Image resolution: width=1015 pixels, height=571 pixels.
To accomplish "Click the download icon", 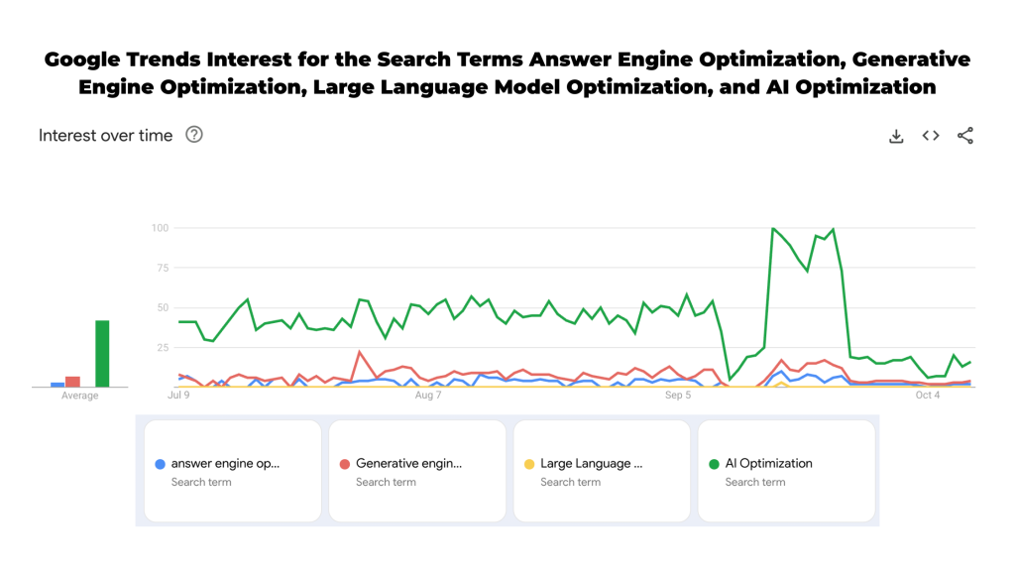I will click(x=896, y=136).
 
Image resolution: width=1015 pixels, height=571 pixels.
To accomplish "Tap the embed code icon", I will click(x=931, y=136).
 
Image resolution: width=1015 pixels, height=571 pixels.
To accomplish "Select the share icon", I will click(x=965, y=136).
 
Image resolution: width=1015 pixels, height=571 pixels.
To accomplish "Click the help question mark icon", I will click(x=194, y=135).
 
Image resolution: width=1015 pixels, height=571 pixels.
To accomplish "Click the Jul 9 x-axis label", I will click(x=179, y=396).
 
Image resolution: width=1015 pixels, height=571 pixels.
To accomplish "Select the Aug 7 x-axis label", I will click(x=428, y=396).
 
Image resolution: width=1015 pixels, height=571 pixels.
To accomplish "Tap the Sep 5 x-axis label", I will click(x=678, y=396).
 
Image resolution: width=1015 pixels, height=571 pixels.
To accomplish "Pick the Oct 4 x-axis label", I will click(x=927, y=396).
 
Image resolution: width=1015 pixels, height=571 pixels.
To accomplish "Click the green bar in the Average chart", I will click(x=102, y=353).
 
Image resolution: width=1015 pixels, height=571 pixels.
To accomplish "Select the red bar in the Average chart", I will click(x=72, y=382).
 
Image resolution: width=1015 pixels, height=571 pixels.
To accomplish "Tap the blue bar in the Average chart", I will click(x=57, y=385).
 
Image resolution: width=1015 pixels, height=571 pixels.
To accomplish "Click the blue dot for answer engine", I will click(x=161, y=464).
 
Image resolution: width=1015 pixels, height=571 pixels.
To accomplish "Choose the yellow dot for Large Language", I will click(x=529, y=464).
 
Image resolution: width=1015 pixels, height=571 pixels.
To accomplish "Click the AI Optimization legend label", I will click(x=768, y=463).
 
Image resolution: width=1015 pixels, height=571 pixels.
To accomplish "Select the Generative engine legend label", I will click(x=408, y=463).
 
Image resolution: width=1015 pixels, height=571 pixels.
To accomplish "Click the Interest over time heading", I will click(x=105, y=136).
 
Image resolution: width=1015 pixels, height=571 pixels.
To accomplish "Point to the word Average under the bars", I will click(x=80, y=396).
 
